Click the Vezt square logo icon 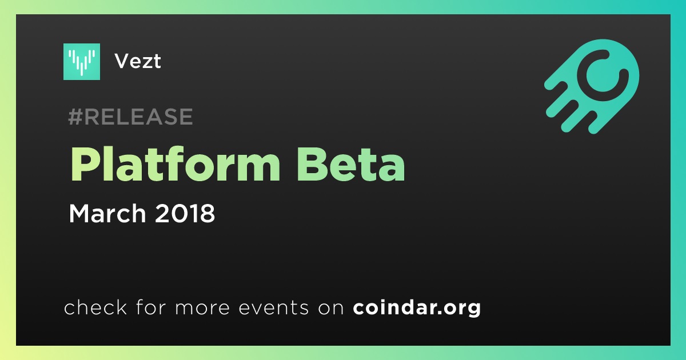[x=81, y=62]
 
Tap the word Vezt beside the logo [x=138, y=61]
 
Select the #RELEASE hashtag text [x=130, y=117]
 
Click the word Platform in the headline [x=175, y=165]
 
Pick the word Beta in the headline [x=351, y=165]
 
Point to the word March [x=107, y=213]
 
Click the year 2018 [x=185, y=213]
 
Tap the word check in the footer [x=95, y=307]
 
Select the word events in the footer [x=274, y=307]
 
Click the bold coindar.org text [x=417, y=308]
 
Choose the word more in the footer [x=202, y=308]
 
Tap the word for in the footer [x=151, y=307]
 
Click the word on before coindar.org [x=331, y=308]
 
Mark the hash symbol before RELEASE [x=75, y=117]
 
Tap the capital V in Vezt [x=123, y=61]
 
